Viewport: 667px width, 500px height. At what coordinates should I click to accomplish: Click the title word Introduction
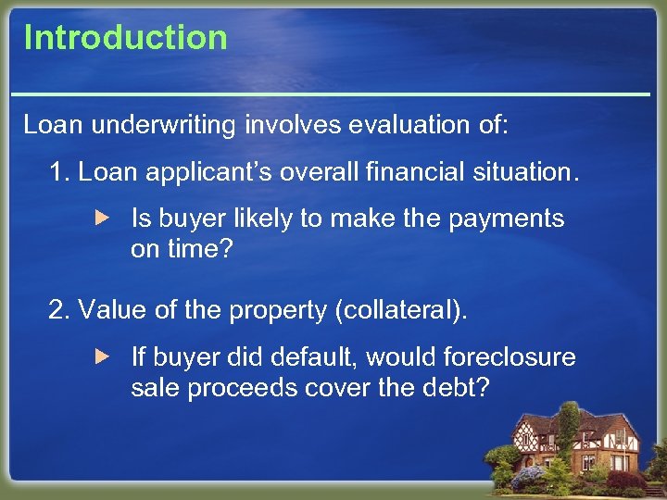pos(125,37)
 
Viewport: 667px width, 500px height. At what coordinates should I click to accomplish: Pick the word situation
pos(524,171)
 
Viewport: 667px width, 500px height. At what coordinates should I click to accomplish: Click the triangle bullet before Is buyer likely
pos(104,219)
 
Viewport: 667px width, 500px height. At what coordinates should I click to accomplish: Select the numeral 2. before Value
pos(59,310)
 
